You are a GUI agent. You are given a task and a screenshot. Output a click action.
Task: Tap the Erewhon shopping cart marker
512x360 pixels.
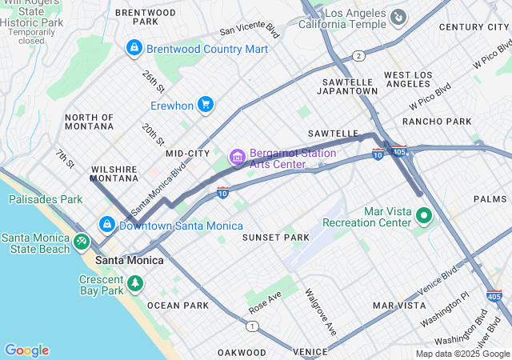point(206,105)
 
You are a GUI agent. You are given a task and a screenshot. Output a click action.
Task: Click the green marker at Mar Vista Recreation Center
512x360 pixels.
point(424,216)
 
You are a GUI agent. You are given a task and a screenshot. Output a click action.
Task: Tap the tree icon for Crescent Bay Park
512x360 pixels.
point(135,284)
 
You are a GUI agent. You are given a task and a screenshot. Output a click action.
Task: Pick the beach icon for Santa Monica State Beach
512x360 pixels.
point(81,241)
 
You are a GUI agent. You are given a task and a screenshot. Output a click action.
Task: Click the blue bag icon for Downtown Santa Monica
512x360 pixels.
point(106,225)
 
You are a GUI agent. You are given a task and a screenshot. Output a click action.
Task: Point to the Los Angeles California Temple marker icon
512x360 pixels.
point(398,16)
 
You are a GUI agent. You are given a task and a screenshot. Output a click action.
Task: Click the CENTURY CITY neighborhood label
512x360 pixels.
point(474,27)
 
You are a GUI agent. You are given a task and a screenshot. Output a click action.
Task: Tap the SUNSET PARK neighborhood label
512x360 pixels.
point(275,238)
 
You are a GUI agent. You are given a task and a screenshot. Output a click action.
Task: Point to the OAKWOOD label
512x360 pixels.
point(242,352)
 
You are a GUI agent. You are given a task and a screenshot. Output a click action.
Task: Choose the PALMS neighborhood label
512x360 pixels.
point(490,198)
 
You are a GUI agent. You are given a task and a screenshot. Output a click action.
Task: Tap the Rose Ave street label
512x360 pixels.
point(265,302)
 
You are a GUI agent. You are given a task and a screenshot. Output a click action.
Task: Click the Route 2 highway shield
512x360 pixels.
point(359,56)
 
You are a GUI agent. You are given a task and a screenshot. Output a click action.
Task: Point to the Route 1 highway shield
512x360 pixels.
point(253,326)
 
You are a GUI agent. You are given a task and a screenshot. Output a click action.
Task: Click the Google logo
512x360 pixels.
point(26,350)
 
